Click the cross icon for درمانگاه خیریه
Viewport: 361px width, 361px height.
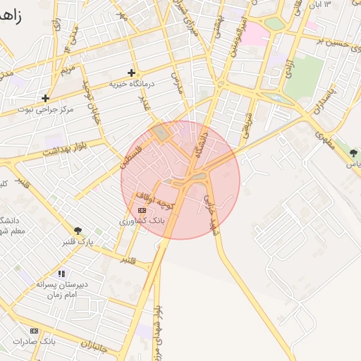click(x=131, y=73)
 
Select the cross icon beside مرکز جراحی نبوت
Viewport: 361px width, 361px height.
click(x=46, y=98)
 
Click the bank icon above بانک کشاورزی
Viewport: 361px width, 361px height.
click(x=142, y=210)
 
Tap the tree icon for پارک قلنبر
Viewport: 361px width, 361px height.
click(x=78, y=231)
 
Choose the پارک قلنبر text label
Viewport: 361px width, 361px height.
click(x=77, y=242)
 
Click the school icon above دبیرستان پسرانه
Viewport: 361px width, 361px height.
click(x=62, y=274)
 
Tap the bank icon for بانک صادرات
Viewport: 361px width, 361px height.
click(x=34, y=331)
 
